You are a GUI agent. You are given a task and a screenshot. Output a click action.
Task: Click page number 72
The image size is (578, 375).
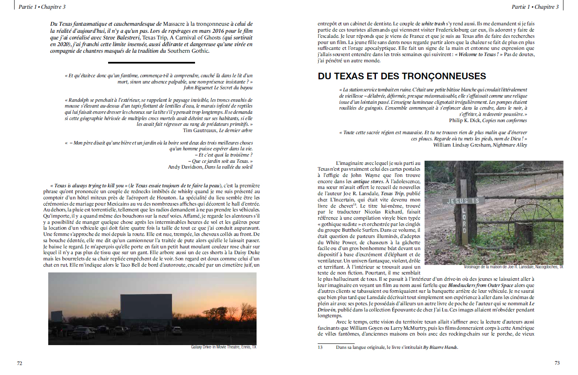click(20, 363)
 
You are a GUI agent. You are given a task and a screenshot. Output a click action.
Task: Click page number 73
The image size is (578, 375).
click(557, 363)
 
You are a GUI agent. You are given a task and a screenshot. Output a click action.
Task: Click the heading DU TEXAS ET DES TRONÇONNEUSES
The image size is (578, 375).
click(402, 76)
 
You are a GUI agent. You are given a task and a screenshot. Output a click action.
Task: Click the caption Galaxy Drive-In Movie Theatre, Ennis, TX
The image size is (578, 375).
click(224, 347)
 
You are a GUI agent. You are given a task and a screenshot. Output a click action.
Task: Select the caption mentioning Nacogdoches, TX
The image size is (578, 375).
click(514, 267)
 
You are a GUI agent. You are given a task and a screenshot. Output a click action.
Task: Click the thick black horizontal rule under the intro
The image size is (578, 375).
click(151, 63)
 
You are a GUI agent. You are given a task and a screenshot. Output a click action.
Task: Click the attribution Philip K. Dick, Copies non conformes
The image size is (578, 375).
click(488, 120)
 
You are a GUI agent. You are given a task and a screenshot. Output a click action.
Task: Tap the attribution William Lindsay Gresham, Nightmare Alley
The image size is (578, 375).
click(480, 145)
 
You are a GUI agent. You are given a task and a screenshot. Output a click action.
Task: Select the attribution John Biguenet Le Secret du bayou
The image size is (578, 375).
click(218, 88)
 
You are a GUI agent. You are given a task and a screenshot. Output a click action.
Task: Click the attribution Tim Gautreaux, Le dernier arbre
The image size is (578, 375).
click(217, 130)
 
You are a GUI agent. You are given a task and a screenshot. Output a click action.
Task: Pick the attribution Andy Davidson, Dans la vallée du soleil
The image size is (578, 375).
click(210, 167)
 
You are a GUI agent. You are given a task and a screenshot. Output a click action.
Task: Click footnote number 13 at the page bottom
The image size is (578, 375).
click(320, 347)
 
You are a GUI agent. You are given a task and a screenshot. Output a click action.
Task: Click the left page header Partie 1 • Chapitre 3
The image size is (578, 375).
click(42, 7)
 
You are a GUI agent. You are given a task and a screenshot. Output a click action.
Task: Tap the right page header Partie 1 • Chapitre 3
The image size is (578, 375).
click(535, 7)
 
